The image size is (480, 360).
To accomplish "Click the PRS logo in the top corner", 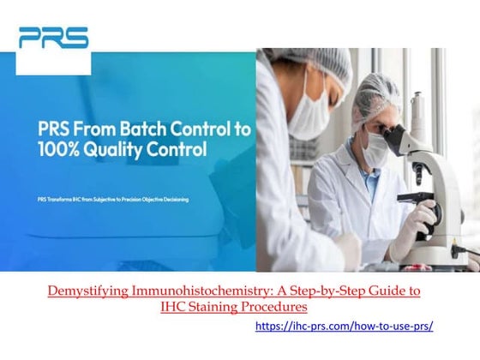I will pos(53,38).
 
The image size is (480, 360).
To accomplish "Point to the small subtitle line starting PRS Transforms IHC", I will pos(112,200).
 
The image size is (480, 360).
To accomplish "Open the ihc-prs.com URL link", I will pos(345,327).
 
